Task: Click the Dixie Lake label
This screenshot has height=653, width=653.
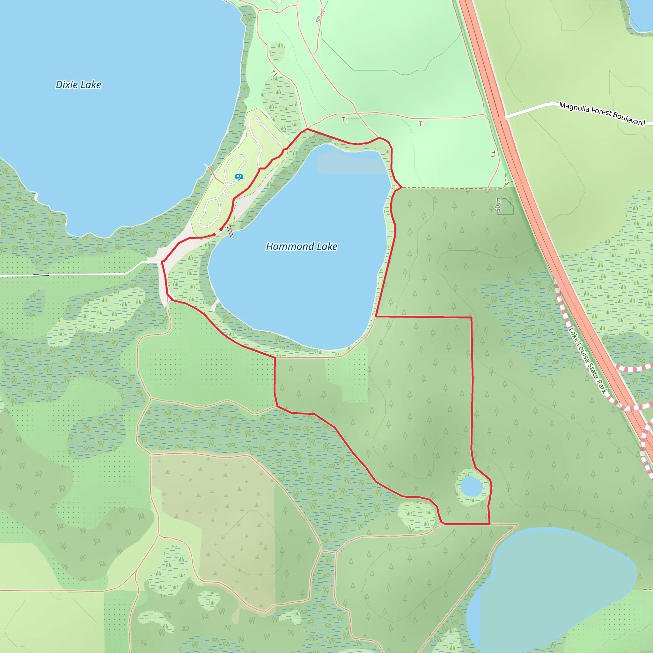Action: (x=78, y=85)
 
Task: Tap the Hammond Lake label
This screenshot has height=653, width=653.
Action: (x=302, y=247)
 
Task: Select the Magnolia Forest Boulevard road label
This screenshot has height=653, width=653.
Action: (x=602, y=114)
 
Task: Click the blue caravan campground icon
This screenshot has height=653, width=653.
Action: (x=239, y=177)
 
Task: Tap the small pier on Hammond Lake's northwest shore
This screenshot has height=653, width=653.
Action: (x=231, y=231)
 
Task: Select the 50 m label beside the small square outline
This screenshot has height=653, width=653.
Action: (x=498, y=205)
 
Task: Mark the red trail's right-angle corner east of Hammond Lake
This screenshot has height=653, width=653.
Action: (x=471, y=318)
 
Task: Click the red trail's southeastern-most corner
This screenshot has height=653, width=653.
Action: (x=489, y=524)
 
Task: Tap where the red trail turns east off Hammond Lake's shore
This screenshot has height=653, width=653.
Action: (x=376, y=316)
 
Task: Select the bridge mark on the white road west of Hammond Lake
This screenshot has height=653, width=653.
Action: (x=41, y=275)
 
